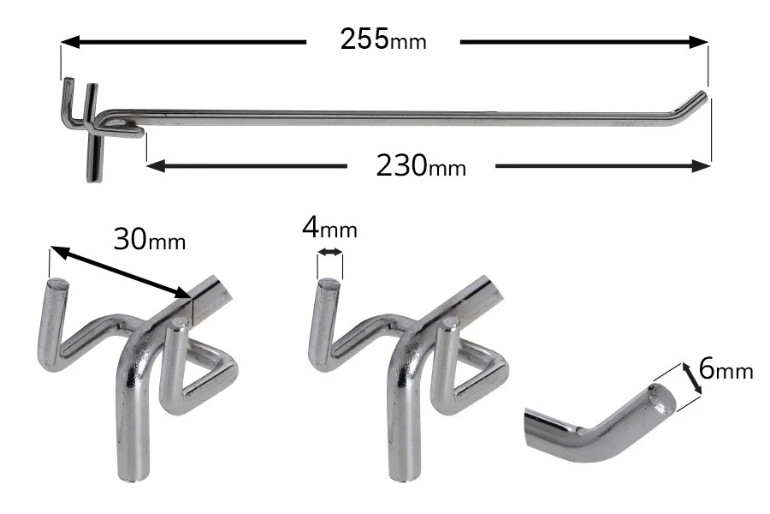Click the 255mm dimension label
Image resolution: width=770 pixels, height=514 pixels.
tap(382, 40)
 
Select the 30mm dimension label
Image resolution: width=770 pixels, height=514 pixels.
tap(149, 239)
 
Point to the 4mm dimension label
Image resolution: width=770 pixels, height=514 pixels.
tap(329, 229)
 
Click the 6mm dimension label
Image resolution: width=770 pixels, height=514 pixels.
tap(726, 369)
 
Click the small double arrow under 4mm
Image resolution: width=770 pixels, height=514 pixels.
tap(330, 253)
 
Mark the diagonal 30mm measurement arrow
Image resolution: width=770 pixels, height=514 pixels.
tap(120, 272)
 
